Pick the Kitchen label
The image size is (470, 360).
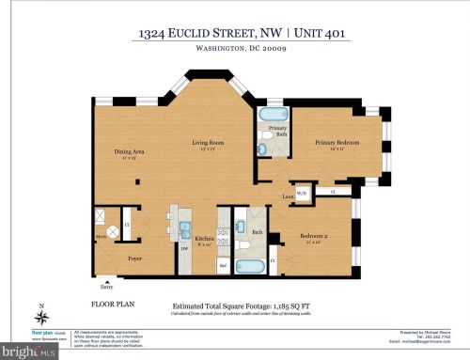click(204, 239)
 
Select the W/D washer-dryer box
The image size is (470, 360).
click(302, 194)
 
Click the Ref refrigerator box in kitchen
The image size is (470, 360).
click(224, 265)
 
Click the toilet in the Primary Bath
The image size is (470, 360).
click(265, 136)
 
